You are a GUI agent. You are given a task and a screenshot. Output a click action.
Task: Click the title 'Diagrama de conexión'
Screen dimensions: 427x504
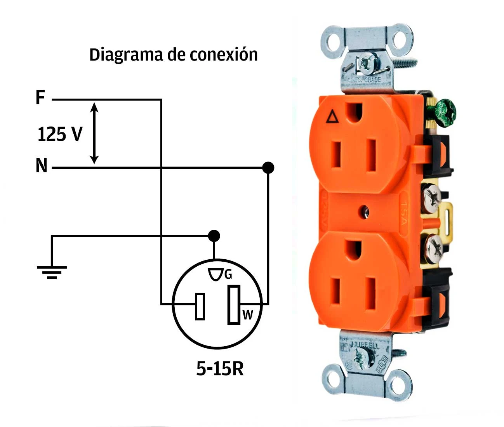(x=173, y=55)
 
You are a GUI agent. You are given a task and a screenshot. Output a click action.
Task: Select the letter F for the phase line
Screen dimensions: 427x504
(x=40, y=97)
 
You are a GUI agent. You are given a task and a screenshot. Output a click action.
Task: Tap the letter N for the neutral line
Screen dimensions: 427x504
(x=41, y=166)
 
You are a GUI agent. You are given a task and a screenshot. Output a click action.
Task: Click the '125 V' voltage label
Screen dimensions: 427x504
(x=60, y=134)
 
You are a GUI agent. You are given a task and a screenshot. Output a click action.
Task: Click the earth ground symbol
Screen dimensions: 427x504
(x=52, y=271)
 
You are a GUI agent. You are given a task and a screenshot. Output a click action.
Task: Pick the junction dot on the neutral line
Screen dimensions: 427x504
(x=268, y=168)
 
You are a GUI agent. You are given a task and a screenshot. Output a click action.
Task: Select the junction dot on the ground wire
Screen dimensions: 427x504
(x=214, y=236)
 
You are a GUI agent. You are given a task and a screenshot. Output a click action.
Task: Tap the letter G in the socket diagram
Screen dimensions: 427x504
(x=228, y=275)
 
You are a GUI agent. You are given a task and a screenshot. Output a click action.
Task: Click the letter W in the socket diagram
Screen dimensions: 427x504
(x=247, y=314)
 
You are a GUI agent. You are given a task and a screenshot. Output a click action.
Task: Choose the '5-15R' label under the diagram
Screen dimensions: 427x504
(x=220, y=368)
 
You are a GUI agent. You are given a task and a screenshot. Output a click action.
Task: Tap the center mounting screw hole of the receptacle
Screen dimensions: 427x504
(x=364, y=212)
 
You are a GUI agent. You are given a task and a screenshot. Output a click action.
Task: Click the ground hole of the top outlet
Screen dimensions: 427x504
(x=354, y=111)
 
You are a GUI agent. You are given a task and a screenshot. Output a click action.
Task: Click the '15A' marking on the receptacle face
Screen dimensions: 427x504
(x=403, y=214)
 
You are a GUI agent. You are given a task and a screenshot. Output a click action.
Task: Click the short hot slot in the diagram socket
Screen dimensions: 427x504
(x=200, y=306)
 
